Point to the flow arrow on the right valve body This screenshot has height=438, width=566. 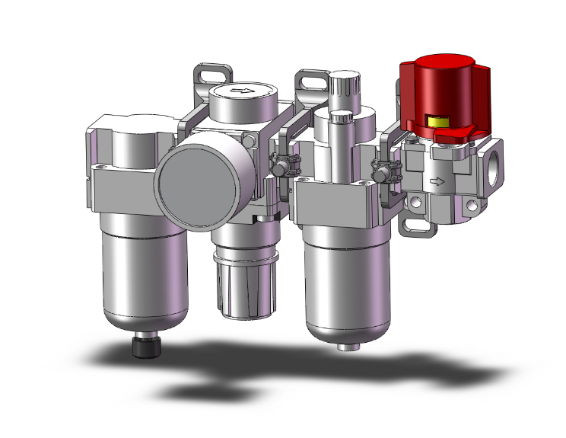pyautogui.click(x=437, y=181)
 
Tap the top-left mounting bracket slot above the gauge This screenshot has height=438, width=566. pyautogui.click(x=211, y=75)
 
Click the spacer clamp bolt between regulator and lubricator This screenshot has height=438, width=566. pyautogui.click(x=281, y=165)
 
